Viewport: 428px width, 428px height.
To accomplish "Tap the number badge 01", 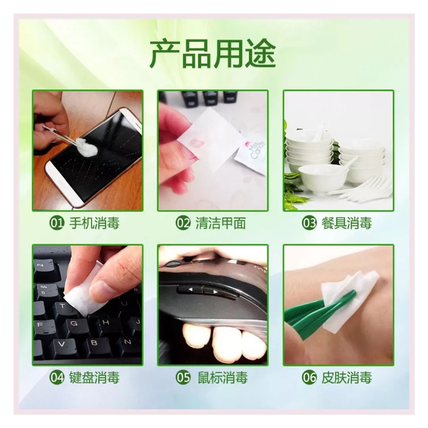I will (56, 224).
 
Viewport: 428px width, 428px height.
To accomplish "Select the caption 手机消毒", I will (94, 224).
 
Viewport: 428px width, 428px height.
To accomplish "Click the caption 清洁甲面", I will (221, 224).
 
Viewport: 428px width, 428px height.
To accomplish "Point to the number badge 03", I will (309, 224).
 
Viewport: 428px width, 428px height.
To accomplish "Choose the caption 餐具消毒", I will (347, 224).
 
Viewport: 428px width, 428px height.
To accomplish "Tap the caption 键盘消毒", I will (94, 378).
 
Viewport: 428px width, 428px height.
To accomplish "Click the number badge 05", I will (183, 378).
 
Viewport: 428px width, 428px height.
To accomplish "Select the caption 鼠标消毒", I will (223, 378).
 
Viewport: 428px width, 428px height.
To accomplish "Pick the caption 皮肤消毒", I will (347, 378).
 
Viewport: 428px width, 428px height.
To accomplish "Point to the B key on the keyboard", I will (94, 342).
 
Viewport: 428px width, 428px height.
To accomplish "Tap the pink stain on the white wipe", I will (199, 139).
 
